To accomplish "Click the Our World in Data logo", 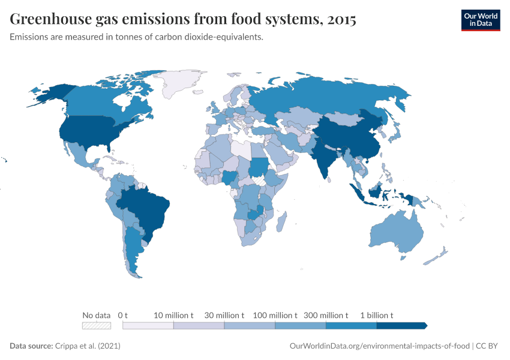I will coord(480,20).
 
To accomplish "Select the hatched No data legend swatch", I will coord(97,326).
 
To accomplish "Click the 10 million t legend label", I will coord(173,315).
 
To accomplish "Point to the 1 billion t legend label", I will coord(376,315).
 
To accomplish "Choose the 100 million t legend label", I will coord(275,315).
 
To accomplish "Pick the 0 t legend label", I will coord(123,315).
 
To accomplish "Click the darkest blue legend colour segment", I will coord(401,326).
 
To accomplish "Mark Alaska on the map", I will coord(51,93).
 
